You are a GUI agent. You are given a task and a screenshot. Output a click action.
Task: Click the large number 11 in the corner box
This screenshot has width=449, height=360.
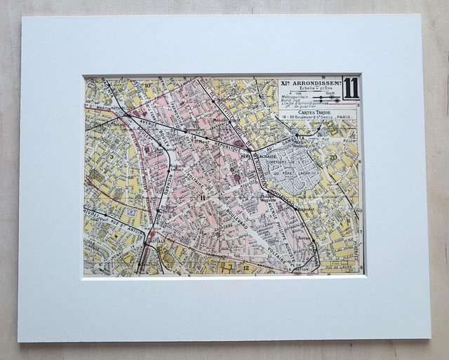(x=351, y=88)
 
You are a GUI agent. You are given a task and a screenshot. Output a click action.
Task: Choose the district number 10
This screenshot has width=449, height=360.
(x=148, y=86)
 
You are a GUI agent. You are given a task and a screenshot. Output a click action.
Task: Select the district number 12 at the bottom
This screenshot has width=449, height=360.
(x=246, y=268)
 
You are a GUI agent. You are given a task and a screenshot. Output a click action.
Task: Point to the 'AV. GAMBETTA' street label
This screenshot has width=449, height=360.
(x=285, y=143)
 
